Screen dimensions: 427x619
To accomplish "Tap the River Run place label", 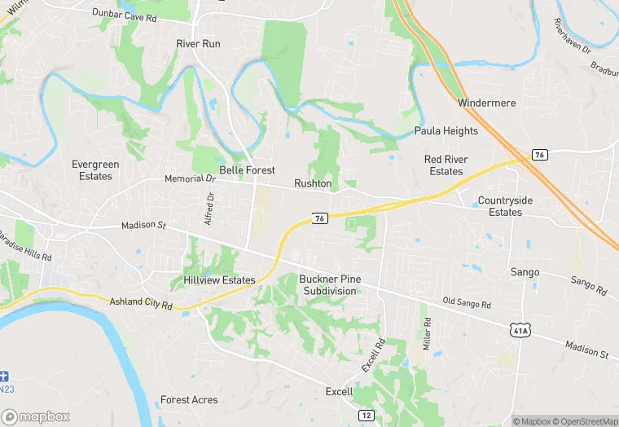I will point(199,43).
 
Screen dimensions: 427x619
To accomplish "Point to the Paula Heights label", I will point(446,130).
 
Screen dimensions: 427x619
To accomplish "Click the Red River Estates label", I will point(445,165).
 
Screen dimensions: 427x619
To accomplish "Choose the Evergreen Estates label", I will point(95,170).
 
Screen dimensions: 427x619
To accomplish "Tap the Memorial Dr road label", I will point(189,178).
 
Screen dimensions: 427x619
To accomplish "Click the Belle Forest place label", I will point(247,170).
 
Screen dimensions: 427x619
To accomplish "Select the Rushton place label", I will point(313,183).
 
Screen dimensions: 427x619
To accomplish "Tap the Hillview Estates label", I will point(213,280).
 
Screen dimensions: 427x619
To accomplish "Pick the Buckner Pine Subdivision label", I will point(330,285).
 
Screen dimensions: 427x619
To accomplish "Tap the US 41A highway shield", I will point(521,329).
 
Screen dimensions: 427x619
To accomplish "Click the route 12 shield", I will point(366,416).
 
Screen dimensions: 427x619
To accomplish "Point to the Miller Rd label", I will point(426,329).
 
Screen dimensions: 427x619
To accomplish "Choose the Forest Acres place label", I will point(189,400).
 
